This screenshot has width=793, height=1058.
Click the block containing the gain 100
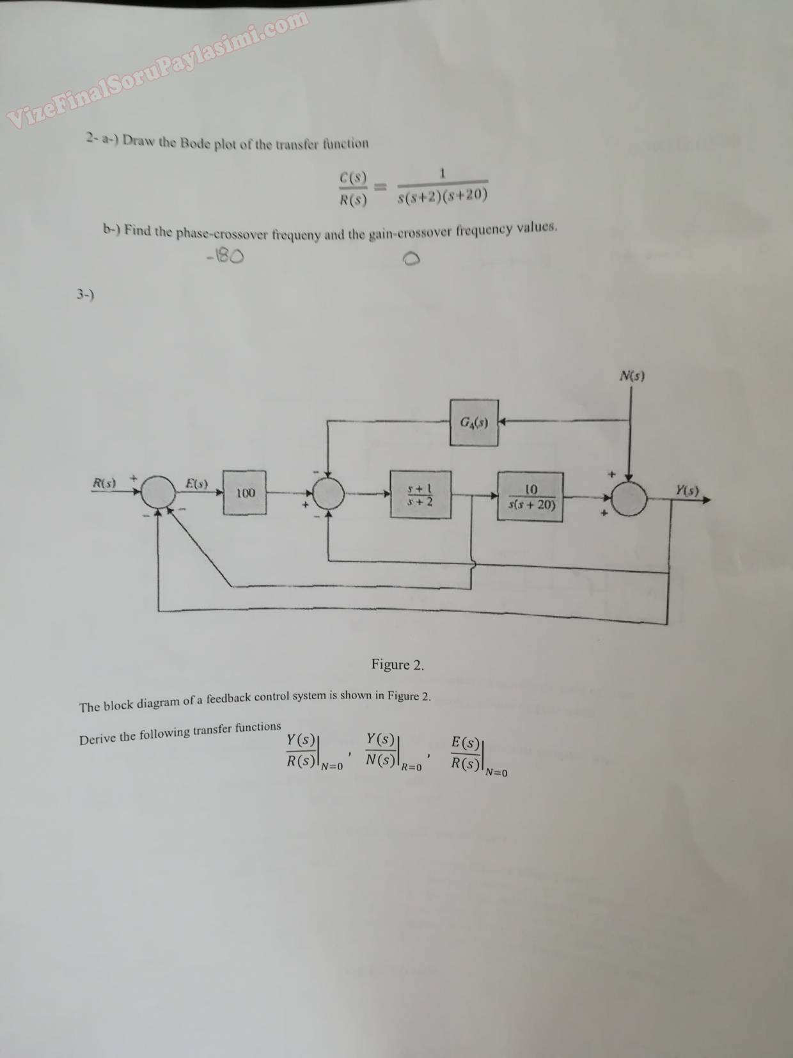point(246,493)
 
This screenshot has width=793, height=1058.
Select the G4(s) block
point(474,422)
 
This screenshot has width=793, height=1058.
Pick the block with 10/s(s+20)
point(531,497)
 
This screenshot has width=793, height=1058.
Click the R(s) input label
point(104,483)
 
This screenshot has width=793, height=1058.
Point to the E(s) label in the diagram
point(196,483)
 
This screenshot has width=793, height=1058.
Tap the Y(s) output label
point(687,491)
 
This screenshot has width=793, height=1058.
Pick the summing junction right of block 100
point(327,493)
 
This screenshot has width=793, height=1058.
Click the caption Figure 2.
point(397,665)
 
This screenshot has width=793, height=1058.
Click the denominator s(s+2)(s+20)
point(442,195)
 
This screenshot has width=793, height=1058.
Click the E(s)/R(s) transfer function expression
point(466,754)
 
